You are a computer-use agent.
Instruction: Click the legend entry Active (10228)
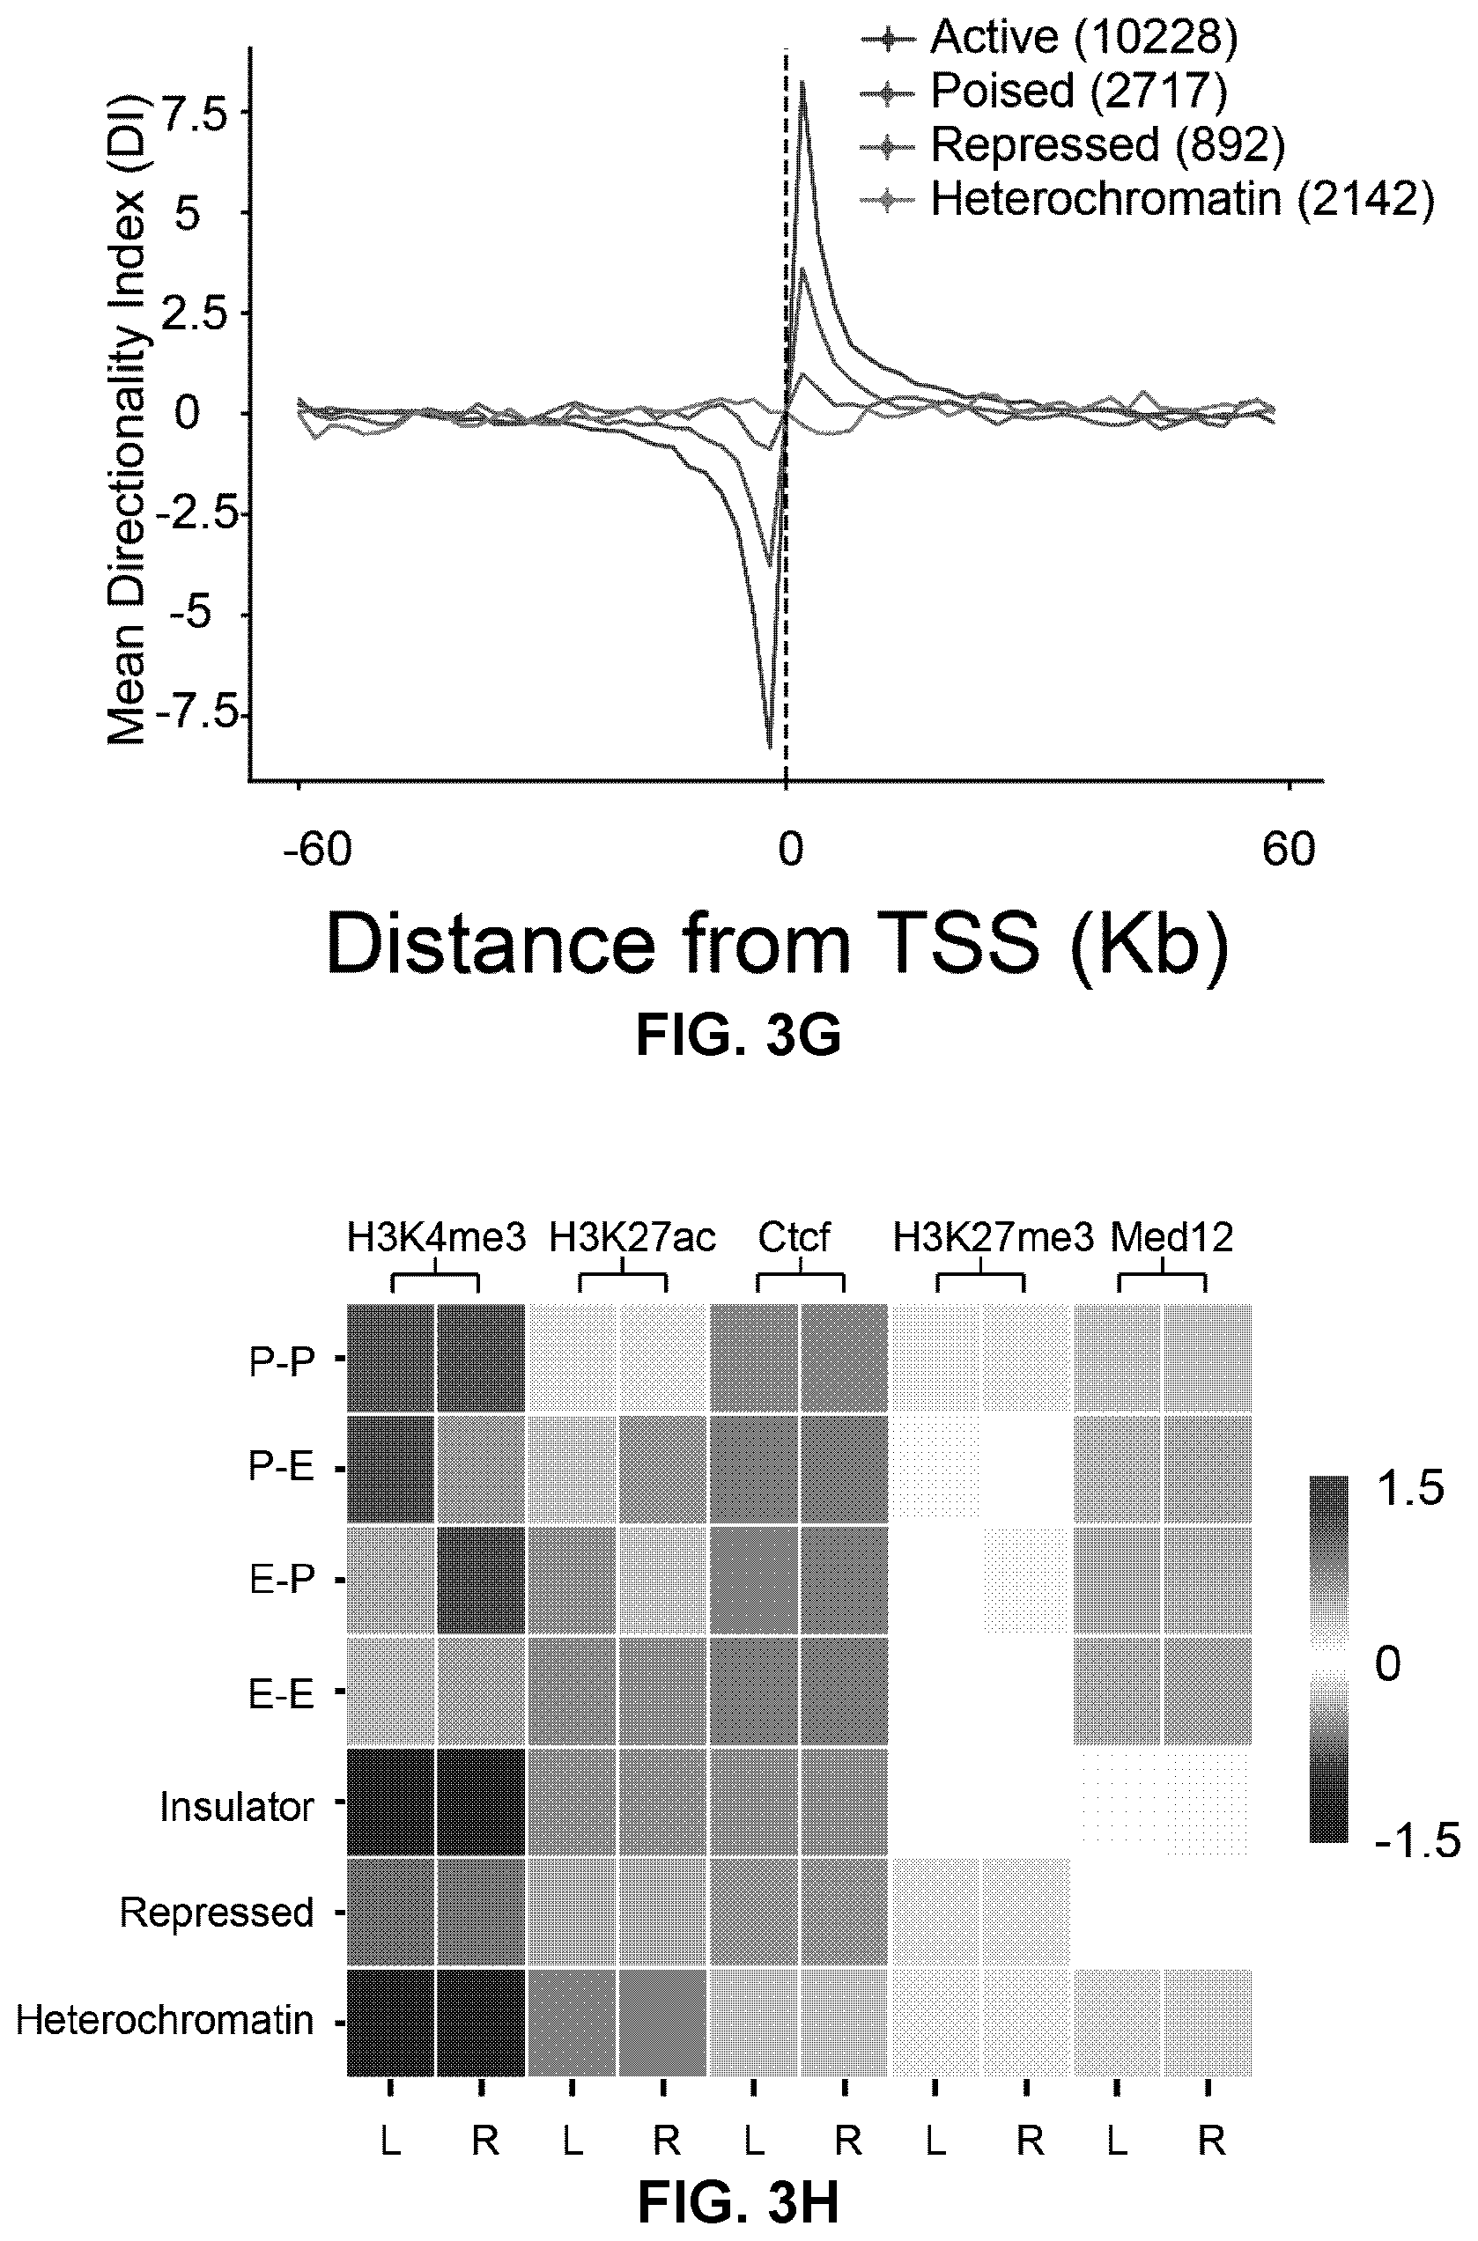coord(1084,37)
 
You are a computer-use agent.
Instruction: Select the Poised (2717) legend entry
coord(1079,91)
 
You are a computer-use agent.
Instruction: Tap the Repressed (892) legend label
coord(1107,145)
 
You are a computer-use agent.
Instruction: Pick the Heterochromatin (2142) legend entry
coord(1182,199)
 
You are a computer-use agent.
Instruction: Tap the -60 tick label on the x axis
coord(318,850)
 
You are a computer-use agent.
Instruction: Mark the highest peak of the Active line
coord(802,82)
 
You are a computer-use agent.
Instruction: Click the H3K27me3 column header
coord(994,1237)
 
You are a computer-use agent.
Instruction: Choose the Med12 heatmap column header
coord(1171,1237)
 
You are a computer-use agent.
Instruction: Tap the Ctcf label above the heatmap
coord(794,1237)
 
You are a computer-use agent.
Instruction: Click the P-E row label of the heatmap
coord(281,1467)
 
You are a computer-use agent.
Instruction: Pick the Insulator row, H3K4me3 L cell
coord(390,1802)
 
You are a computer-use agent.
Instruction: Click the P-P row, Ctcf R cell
coord(844,1358)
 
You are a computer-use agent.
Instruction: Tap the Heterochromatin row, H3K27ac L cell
coord(573,2023)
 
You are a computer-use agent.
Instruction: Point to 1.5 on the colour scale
coord(1408,1491)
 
